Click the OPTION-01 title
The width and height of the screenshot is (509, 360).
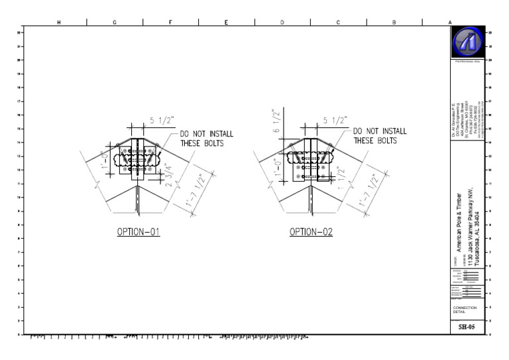pos(139,233)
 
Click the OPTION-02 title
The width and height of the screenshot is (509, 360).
pos(310,233)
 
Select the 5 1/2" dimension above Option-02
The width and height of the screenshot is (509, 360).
pos(333,120)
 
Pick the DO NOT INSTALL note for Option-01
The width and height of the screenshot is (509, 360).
pos(205,138)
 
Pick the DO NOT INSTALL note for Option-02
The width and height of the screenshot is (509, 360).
pos(380,136)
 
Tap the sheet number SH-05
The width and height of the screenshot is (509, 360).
pos(467,327)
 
